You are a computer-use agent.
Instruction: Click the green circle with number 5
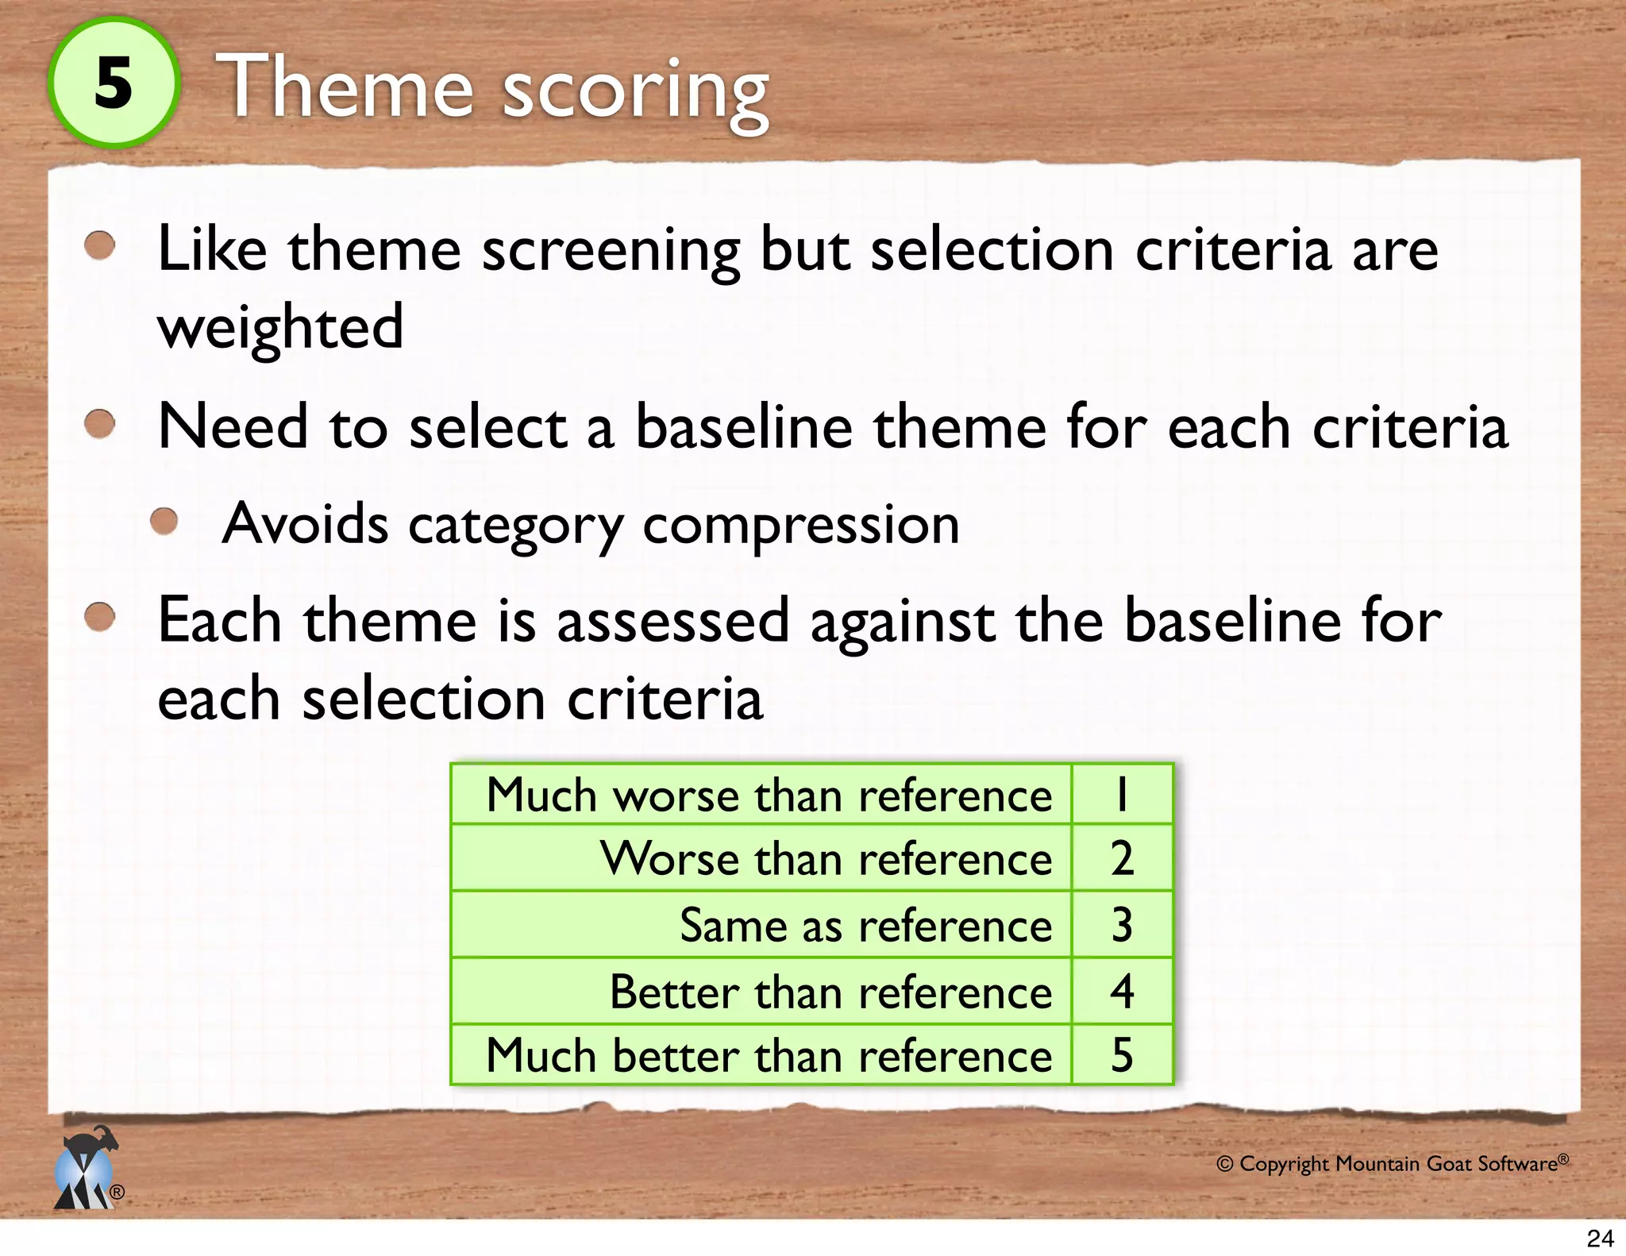tap(114, 83)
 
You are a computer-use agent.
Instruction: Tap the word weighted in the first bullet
tap(280, 326)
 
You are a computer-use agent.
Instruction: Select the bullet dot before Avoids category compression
tap(164, 522)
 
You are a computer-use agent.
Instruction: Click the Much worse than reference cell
tap(769, 795)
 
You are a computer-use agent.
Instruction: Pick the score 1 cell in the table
tap(1121, 795)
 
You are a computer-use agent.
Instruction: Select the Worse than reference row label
tap(826, 859)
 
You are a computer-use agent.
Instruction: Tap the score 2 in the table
tap(1121, 859)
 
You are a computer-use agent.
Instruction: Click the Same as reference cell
tap(865, 926)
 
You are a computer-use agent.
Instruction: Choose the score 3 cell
tap(1121, 926)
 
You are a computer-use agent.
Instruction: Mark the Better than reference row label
tap(830, 992)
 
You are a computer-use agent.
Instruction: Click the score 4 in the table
tap(1121, 992)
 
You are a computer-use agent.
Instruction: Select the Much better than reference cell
tap(769, 1056)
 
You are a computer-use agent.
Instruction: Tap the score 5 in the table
tap(1121, 1056)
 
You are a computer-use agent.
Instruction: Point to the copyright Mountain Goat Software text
tap(1392, 1164)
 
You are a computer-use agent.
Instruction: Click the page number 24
tap(1600, 1238)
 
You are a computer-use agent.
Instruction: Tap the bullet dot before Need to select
tap(100, 423)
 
